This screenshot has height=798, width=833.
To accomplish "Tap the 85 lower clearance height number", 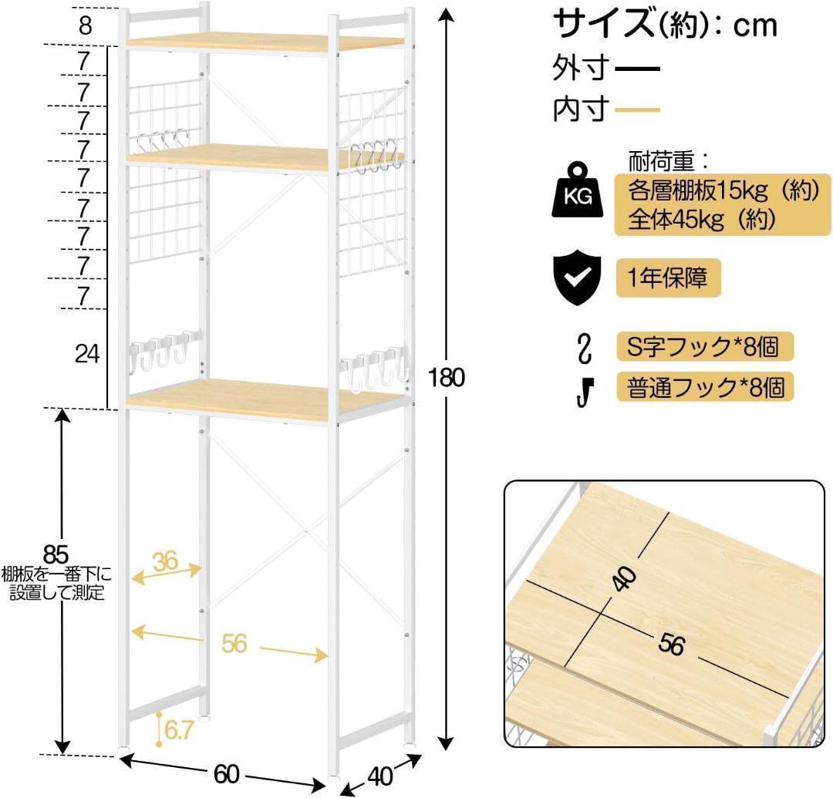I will (x=56, y=554).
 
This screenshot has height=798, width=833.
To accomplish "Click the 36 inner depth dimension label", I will (x=165, y=561).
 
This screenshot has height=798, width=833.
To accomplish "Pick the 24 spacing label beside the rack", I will (x=88, y=354).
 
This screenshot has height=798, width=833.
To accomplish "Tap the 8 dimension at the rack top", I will (x=85, y=25).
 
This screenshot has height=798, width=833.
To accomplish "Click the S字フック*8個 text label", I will (x=705, y=346).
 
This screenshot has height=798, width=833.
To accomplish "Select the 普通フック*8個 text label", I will (x=705, y=386).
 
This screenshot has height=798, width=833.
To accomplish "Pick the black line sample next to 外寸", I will (x=638, y=69).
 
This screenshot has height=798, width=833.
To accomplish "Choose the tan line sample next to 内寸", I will (x=638, y=110).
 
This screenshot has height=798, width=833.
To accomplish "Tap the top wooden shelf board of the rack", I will (x=262, y=41).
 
